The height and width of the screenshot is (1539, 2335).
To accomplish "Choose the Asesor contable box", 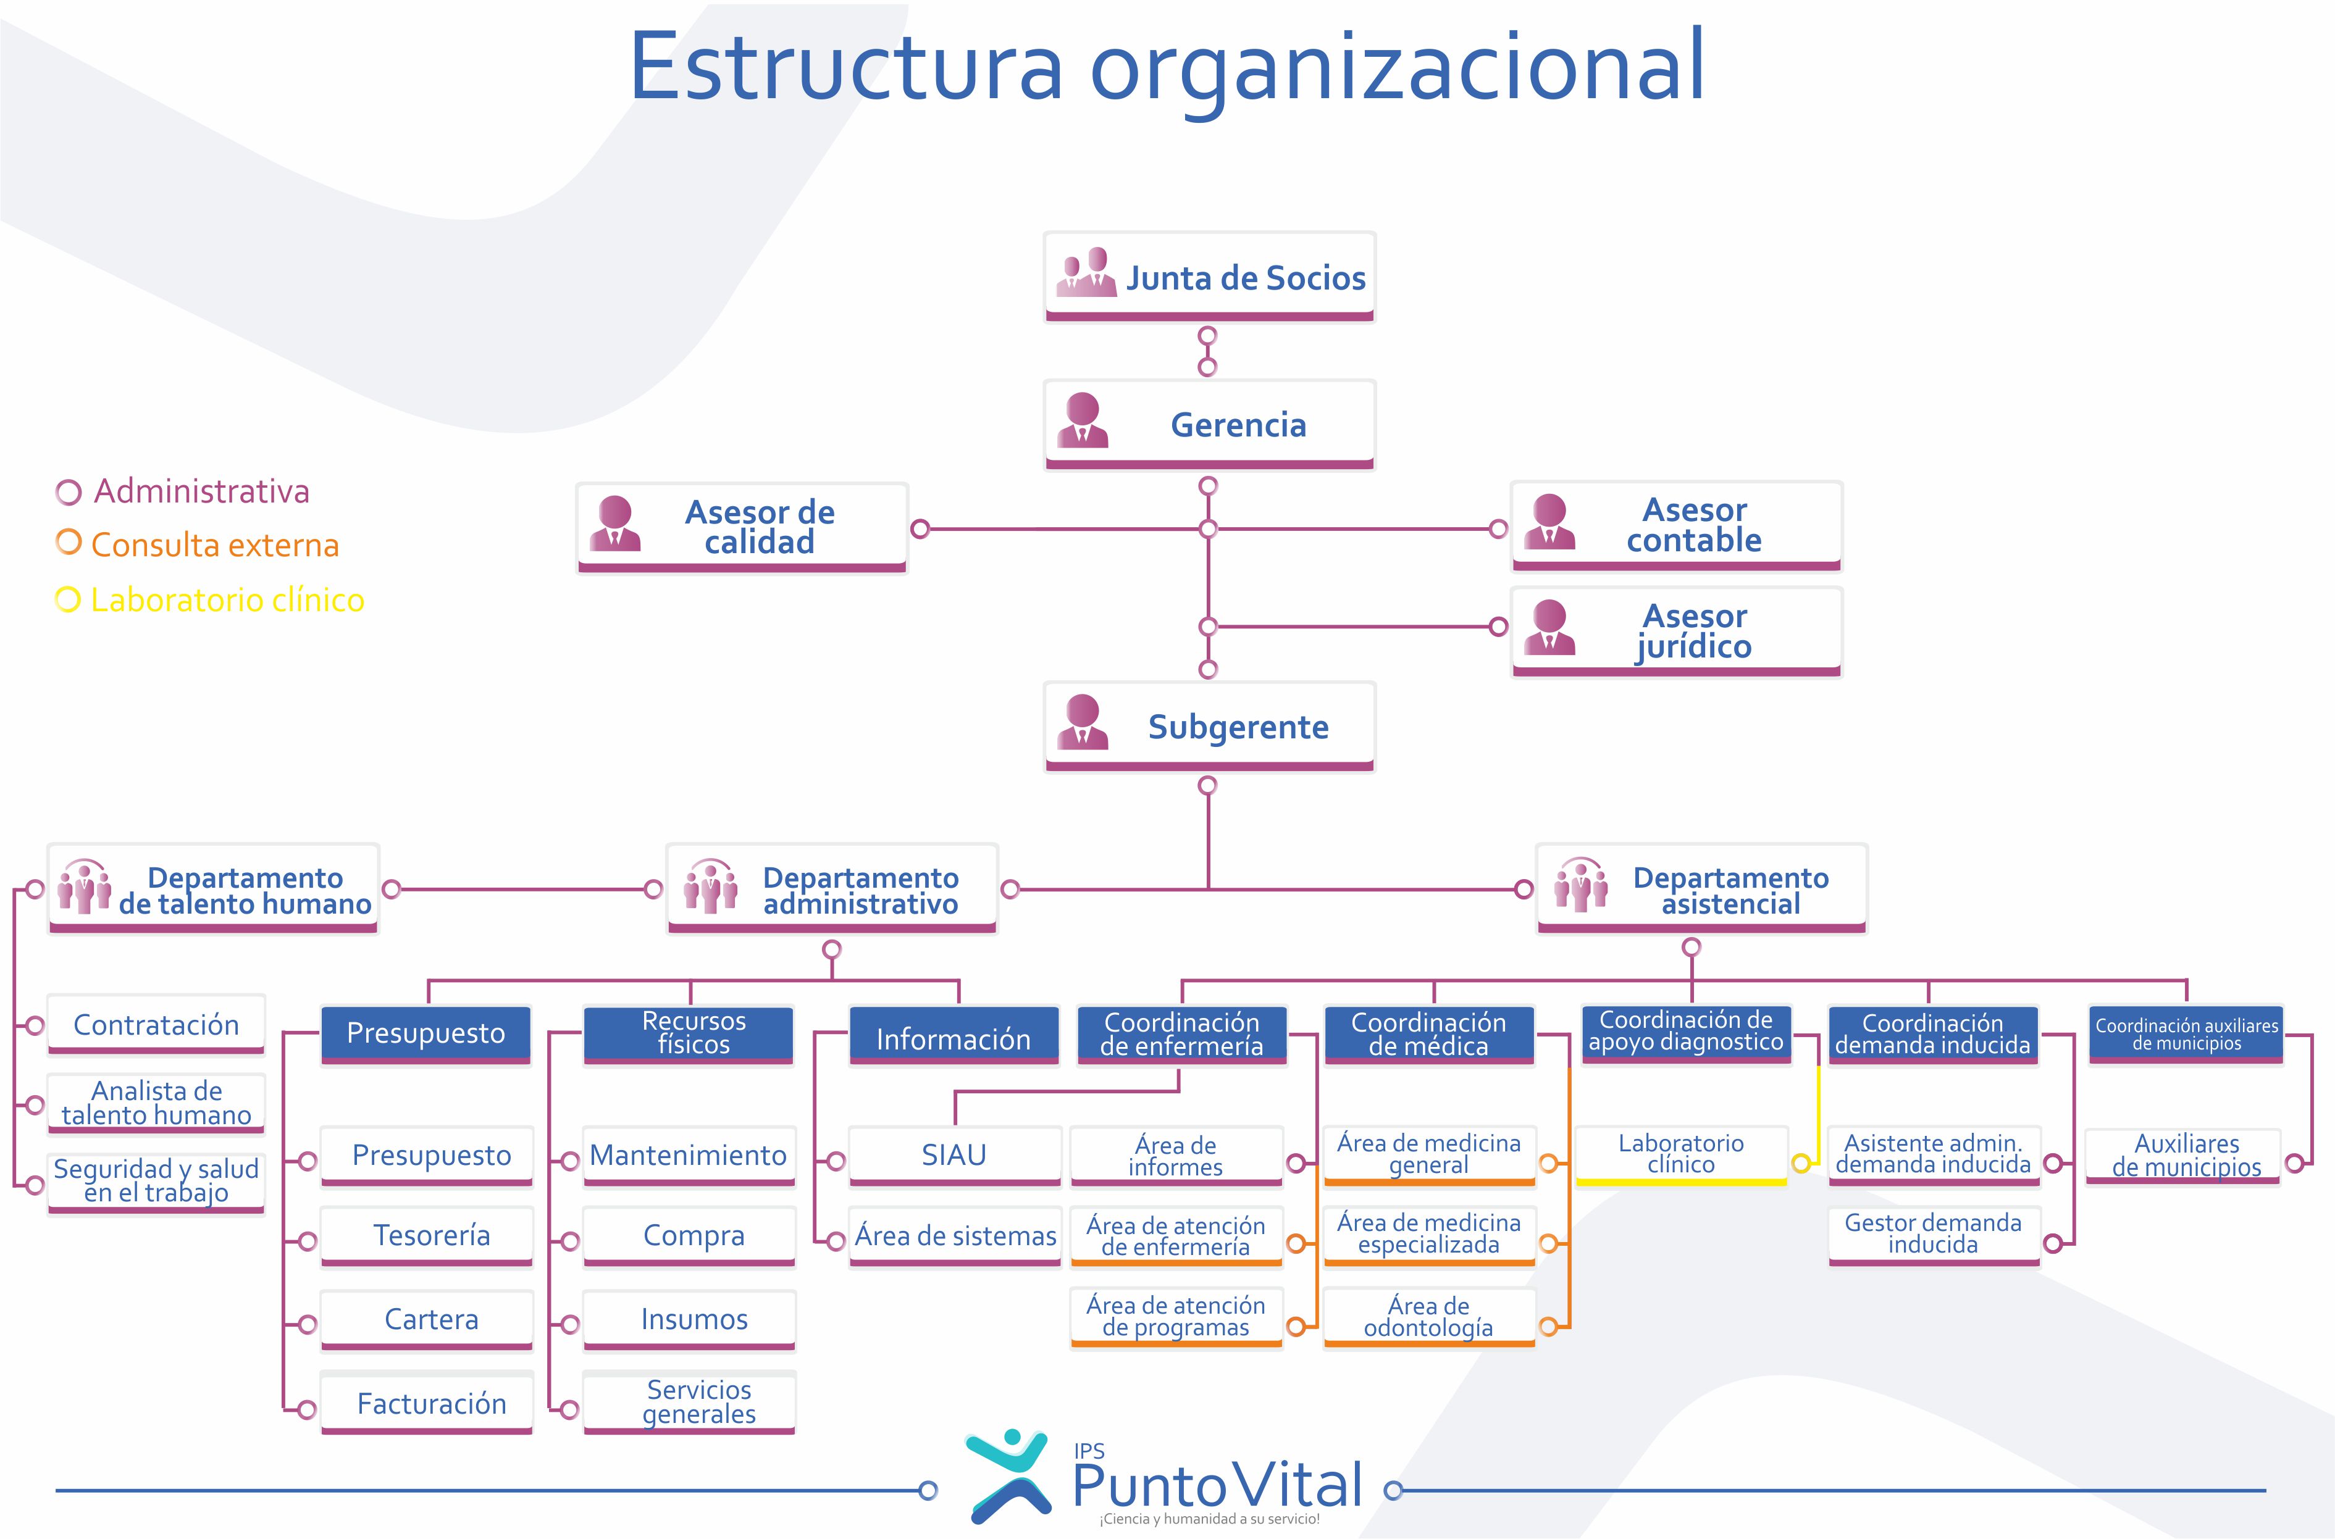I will click(1675, 526).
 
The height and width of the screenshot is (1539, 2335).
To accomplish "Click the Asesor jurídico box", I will click(1675, 632).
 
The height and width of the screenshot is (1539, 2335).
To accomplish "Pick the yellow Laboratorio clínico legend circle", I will click(68, 599).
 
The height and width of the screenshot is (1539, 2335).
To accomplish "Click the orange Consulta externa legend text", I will click(215, 546).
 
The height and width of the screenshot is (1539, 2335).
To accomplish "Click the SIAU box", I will click(954, 1155).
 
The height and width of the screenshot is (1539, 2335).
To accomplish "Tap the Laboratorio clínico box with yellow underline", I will click(1681, 1154).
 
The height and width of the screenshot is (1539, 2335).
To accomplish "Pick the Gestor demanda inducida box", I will click(1932, 1235).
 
